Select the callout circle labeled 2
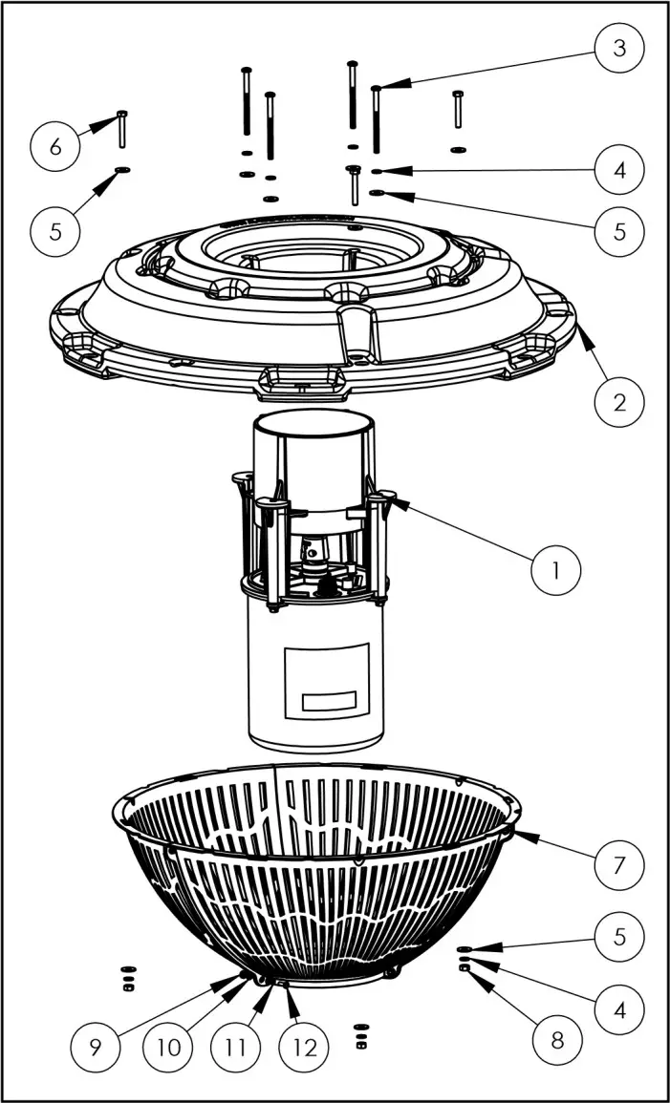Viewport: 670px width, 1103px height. [x=619, y=401]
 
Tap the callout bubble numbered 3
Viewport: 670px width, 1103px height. [x=619, y=49]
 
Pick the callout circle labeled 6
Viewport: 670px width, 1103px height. [x=54, y=147]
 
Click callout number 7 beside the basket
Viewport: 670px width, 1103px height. [x=619, y=866]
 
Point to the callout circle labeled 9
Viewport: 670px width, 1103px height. [x=96, y=1047]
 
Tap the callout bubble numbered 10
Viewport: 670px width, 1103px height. [x=168, y=1047]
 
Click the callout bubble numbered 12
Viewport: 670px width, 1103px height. [x=305, y=1047]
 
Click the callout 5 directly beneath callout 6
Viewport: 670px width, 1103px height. [x=54, y=229]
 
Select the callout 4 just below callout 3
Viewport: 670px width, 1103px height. [x=619, y=173]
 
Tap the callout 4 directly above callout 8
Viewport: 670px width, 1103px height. [x=619, y=1007]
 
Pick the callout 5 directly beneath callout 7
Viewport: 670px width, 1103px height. [x=619, y=936]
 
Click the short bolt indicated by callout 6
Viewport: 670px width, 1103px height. [x=122, y=129]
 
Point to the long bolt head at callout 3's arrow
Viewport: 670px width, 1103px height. [x=377, y=89]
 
